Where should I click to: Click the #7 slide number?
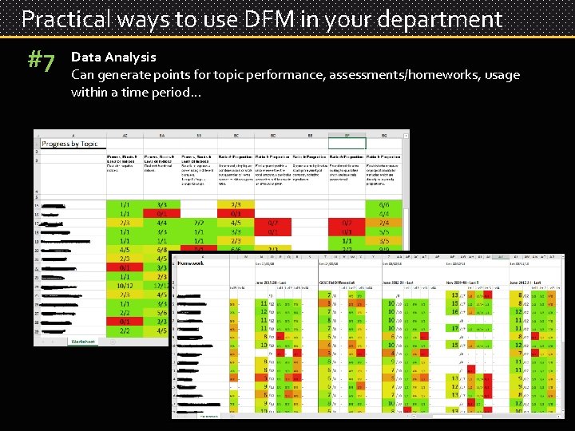(x=42, y=61)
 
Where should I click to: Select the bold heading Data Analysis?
(x=113, y=57)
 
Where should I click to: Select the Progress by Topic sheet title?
(x=70, y=144)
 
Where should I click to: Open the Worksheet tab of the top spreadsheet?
(x=83, y=341)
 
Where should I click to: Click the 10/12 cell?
(x=125, y=287)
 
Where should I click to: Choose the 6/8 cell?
(x=162, y=248)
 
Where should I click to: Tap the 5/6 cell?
(x=162, y=313)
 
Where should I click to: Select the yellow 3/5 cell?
(x=384, y=240)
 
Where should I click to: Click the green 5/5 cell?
(x=384, y=231)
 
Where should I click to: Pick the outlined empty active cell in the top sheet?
(x=347, y=144)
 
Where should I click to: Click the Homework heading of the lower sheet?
(x=192, y=263)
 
